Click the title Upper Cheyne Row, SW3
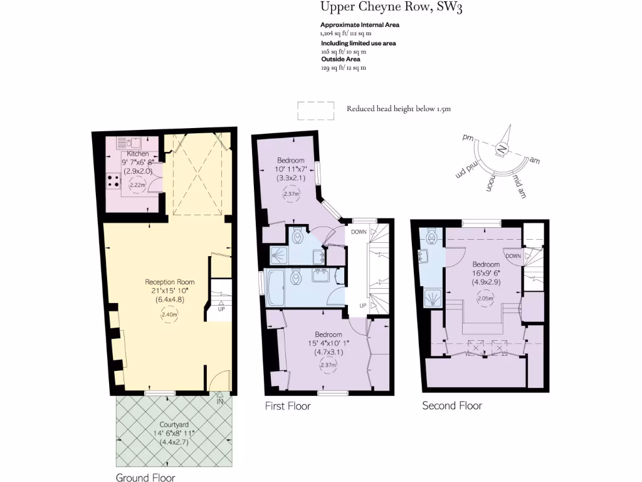392,8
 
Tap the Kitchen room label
138,154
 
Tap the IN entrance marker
220,401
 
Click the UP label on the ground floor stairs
221,309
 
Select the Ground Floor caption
141,478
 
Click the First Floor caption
288,406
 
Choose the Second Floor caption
452,405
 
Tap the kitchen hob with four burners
114,181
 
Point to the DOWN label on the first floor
359,232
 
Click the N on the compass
502,149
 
